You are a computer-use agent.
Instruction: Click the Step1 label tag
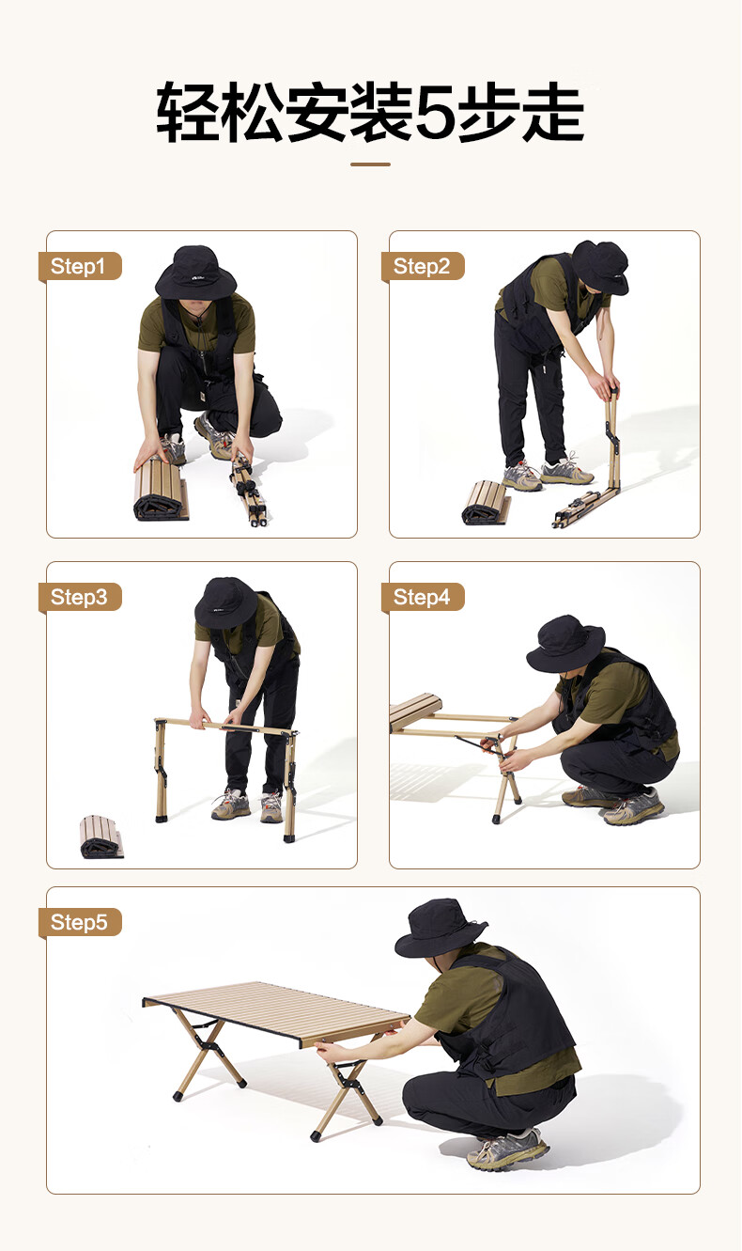81,266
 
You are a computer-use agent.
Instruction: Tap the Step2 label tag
423,266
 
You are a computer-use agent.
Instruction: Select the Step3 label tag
81,597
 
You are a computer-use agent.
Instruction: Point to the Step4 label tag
423,597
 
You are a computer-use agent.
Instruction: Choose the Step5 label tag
81,922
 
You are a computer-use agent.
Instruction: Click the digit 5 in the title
435,112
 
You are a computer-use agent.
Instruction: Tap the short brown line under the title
370,164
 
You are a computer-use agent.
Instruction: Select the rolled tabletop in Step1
161,489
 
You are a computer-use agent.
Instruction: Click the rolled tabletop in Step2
486,503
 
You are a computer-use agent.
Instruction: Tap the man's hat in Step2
600,267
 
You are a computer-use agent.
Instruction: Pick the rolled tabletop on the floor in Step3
101,837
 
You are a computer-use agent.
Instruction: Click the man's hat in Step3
226,603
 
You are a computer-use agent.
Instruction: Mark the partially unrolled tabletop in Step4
416,712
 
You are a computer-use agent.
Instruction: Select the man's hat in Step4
565,644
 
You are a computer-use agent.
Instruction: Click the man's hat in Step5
441,929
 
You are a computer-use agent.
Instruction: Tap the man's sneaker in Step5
508,1149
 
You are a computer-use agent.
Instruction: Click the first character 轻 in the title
188,112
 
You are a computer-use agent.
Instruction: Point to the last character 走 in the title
553,112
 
